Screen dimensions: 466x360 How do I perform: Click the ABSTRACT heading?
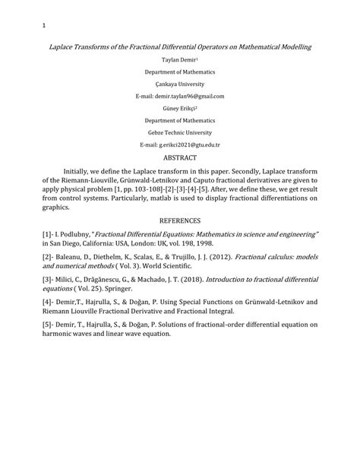point(180,157)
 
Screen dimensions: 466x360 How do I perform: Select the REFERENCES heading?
point(180,220)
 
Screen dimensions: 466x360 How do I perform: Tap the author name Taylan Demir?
point(178,59)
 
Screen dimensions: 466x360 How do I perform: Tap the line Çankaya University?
point(180,83)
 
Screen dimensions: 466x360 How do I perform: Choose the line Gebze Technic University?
point(180,132)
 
